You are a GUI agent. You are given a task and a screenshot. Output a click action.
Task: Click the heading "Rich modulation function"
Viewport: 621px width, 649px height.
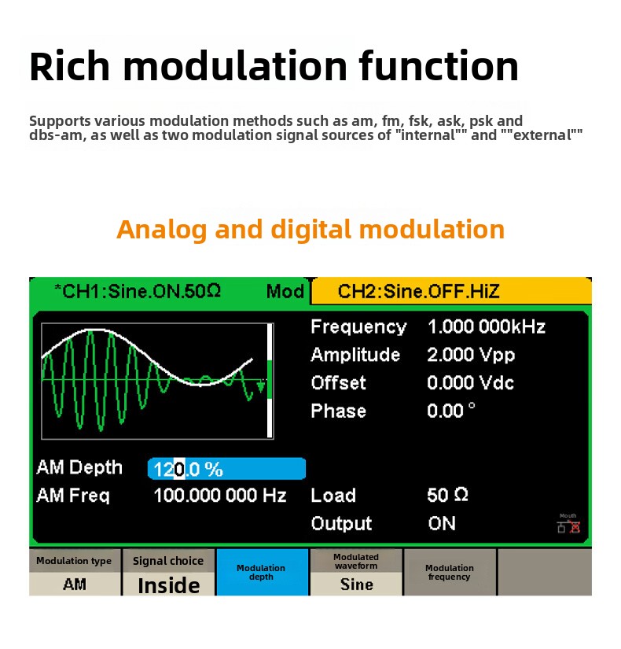274,66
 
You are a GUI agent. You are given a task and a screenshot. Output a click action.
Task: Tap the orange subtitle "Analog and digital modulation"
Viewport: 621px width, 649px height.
310,229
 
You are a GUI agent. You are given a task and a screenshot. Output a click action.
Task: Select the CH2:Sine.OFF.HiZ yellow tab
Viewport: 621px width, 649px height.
451,291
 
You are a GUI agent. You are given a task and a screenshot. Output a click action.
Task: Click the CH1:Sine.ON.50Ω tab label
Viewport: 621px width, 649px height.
138,291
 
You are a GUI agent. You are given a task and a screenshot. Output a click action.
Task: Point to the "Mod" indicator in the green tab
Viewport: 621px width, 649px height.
285,291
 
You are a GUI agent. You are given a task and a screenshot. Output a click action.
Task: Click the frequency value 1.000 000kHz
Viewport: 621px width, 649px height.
487,326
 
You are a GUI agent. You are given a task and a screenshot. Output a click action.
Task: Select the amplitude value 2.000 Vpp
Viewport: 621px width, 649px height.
471,355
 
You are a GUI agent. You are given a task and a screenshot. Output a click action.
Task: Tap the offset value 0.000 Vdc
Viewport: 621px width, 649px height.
470,383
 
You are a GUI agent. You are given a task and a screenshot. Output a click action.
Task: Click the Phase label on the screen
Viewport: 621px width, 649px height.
339,411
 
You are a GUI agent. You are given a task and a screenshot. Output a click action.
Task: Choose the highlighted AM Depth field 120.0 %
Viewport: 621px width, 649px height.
226,469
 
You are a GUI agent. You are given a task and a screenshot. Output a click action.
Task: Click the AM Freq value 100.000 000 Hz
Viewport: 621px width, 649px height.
219,496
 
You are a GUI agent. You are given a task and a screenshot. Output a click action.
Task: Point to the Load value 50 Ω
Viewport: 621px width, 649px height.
447,495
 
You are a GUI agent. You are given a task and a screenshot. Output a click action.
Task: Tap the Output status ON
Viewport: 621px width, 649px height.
442,524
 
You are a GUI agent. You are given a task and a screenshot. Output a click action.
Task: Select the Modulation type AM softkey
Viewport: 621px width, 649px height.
75,573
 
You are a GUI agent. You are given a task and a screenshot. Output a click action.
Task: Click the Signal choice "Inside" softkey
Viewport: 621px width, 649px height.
168,573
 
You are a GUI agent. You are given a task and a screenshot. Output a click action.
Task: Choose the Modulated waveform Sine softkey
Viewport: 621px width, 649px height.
356,573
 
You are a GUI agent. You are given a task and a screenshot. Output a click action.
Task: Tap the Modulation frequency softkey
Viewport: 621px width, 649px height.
450,573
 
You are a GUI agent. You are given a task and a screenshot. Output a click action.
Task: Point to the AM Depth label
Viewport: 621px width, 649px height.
79,468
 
